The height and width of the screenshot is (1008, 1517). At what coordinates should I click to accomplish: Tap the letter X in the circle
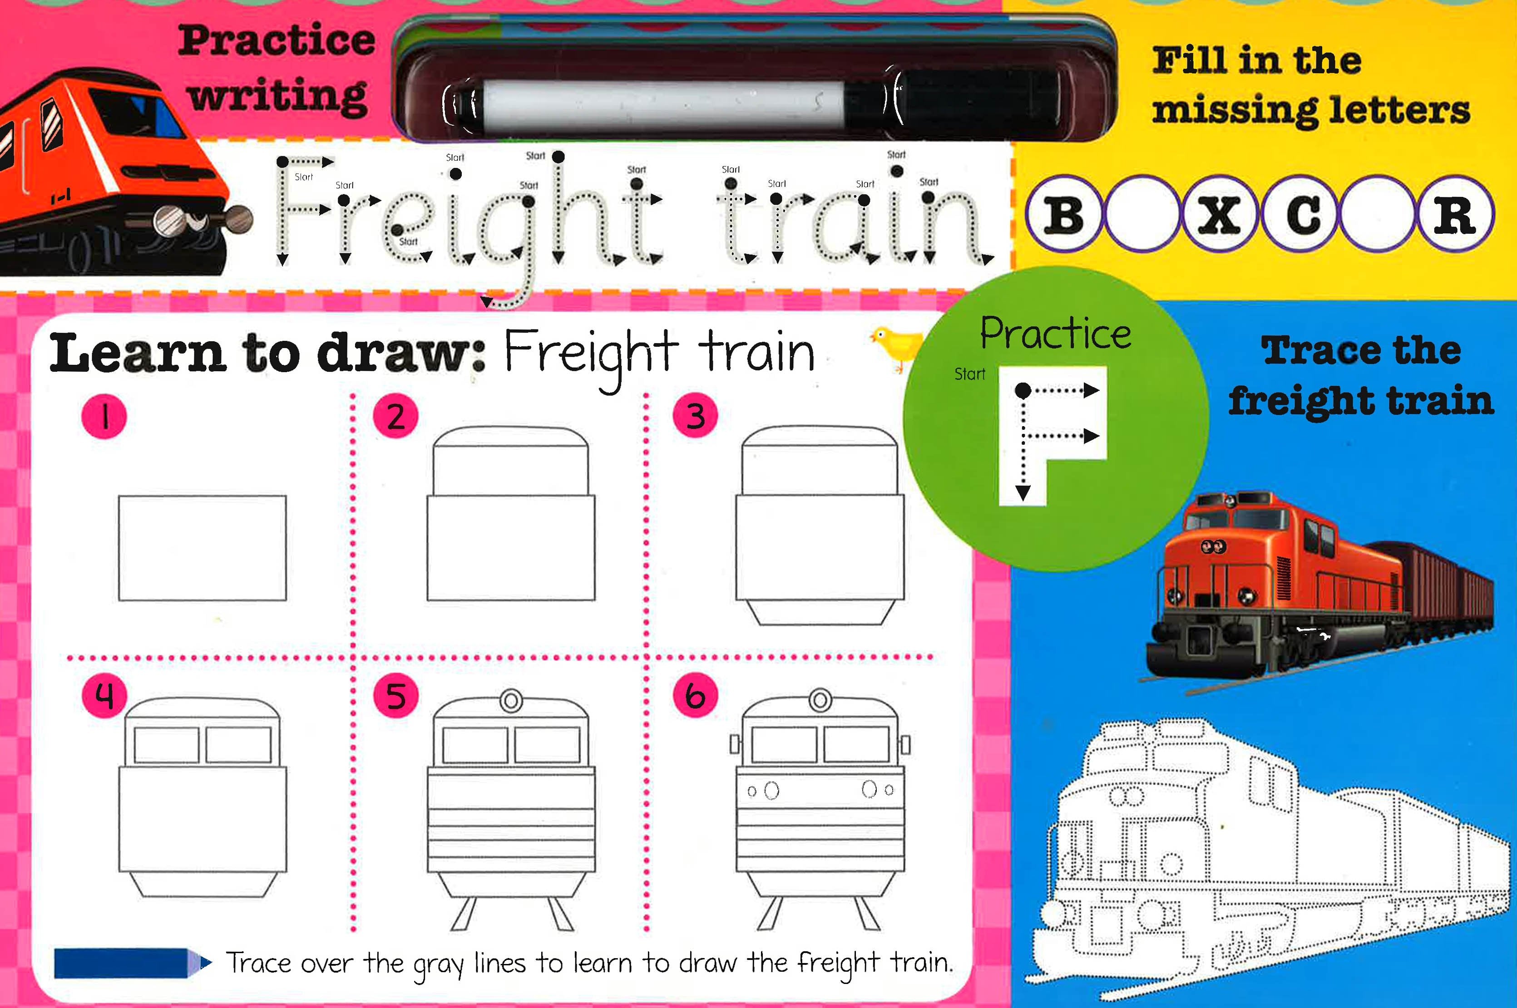tap(1219, 214)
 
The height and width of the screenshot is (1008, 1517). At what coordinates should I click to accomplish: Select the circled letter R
tap(1455, 214)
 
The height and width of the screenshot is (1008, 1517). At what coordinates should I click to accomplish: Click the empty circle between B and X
tap(1141, 214)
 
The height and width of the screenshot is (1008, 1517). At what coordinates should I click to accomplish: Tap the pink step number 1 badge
tap(104, 417)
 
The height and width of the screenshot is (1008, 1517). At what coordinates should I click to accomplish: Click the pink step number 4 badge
tap(104, 696)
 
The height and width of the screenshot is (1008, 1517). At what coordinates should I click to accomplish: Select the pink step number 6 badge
tap(695, 696)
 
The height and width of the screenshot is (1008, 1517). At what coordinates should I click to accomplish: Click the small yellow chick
tap(897, 346)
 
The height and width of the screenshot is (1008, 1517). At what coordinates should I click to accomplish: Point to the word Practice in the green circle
tap(1055, 333)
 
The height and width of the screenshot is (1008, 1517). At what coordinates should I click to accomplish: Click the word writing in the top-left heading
tap(278, 96)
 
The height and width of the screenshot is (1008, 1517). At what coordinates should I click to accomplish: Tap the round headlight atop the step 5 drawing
tap(511, 700)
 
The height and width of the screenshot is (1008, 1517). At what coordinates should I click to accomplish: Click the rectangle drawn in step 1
tap(202, 548)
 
